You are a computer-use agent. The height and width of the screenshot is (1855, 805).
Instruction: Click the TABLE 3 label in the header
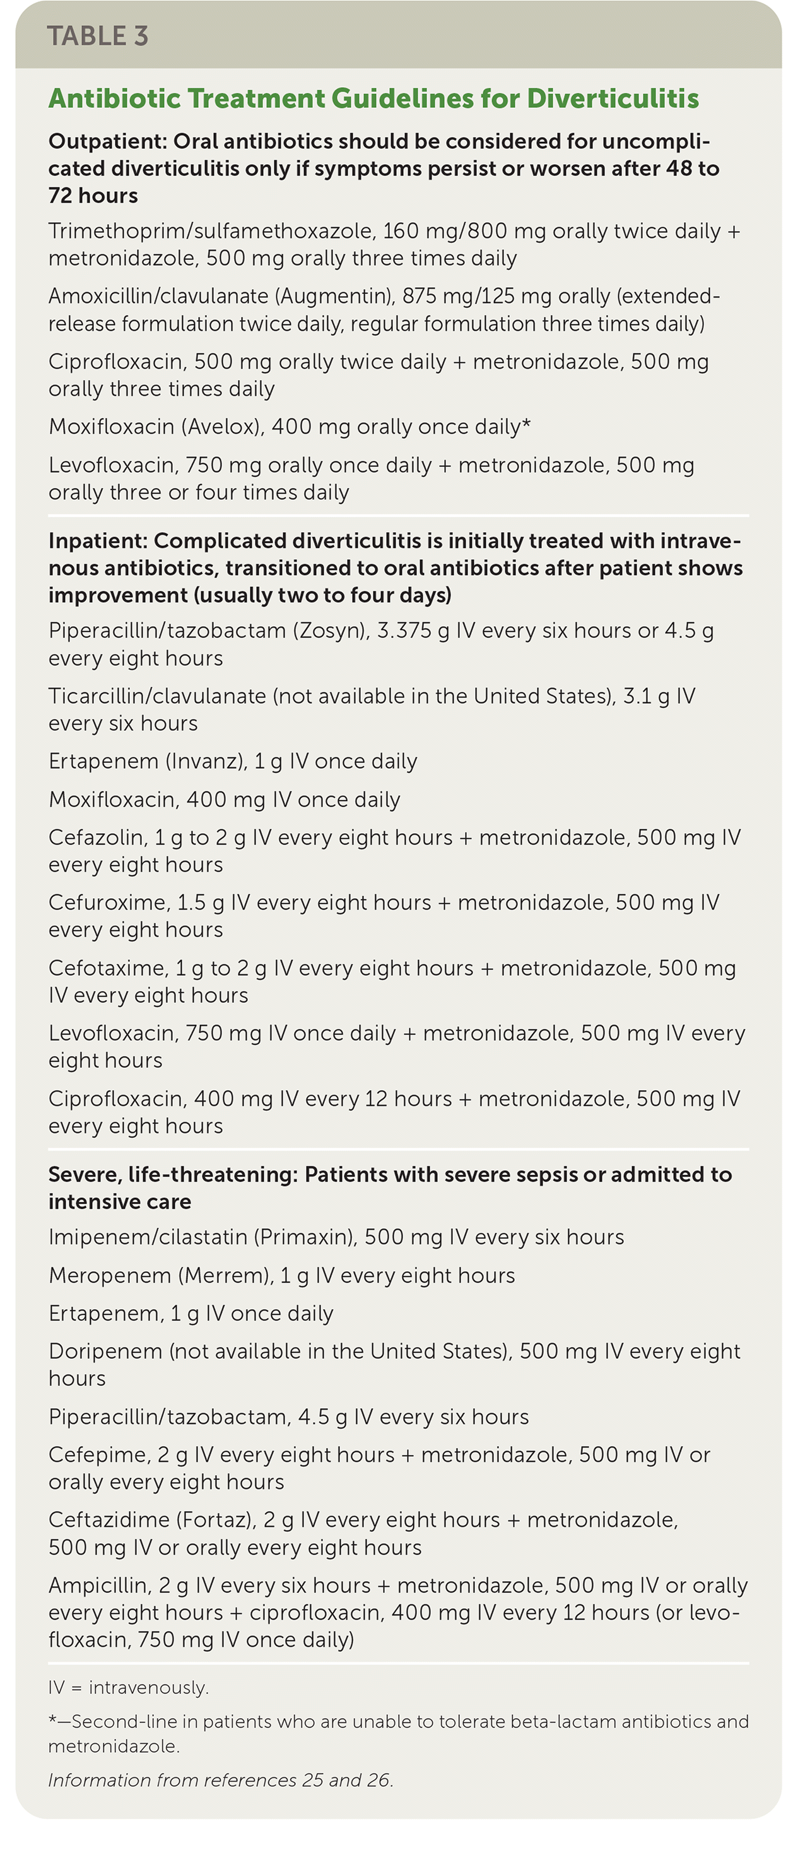[x=98, y=36]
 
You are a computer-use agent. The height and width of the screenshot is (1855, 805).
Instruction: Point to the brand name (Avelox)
[x=223, y=427]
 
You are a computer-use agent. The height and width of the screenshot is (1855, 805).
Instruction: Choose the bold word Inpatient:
[x=98, y=541]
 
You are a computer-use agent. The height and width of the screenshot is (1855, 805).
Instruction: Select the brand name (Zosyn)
[x=331, y=631]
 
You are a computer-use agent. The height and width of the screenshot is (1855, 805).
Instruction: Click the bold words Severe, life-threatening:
[x=173, y=1175]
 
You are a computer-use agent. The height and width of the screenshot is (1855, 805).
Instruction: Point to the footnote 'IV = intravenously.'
[x=128, y=1688]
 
